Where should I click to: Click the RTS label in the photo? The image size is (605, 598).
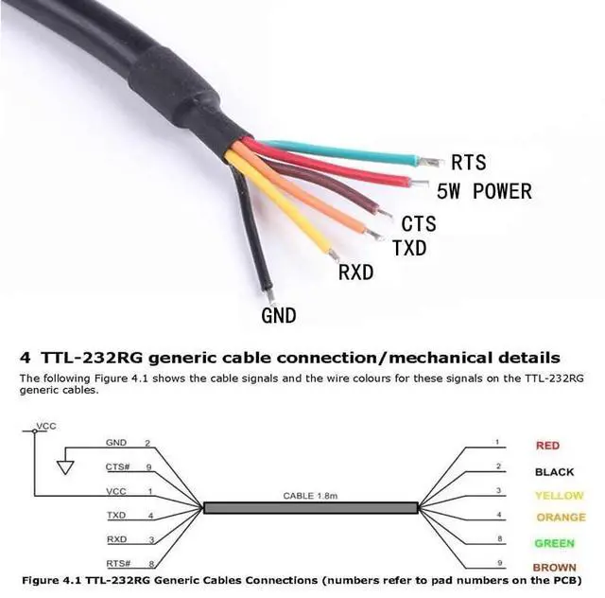point(469,163)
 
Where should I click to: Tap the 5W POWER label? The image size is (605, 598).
point(484,192)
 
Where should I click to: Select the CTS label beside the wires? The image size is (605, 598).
point(419,224)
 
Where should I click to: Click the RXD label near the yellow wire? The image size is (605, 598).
point(355,273)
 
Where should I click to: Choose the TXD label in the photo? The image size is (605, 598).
point(408,249)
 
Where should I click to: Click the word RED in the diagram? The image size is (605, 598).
point(547,445)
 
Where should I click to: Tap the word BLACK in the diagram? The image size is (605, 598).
point(554,471)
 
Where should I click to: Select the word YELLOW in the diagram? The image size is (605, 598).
point(559,495)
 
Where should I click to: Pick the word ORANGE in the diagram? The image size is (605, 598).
point(561,518)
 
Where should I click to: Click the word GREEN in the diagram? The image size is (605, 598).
point(554,544)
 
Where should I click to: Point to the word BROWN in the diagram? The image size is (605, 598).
point(554,568)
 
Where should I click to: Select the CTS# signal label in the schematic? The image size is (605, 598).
point(117,466)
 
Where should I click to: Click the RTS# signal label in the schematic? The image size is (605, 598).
point(117,562)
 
